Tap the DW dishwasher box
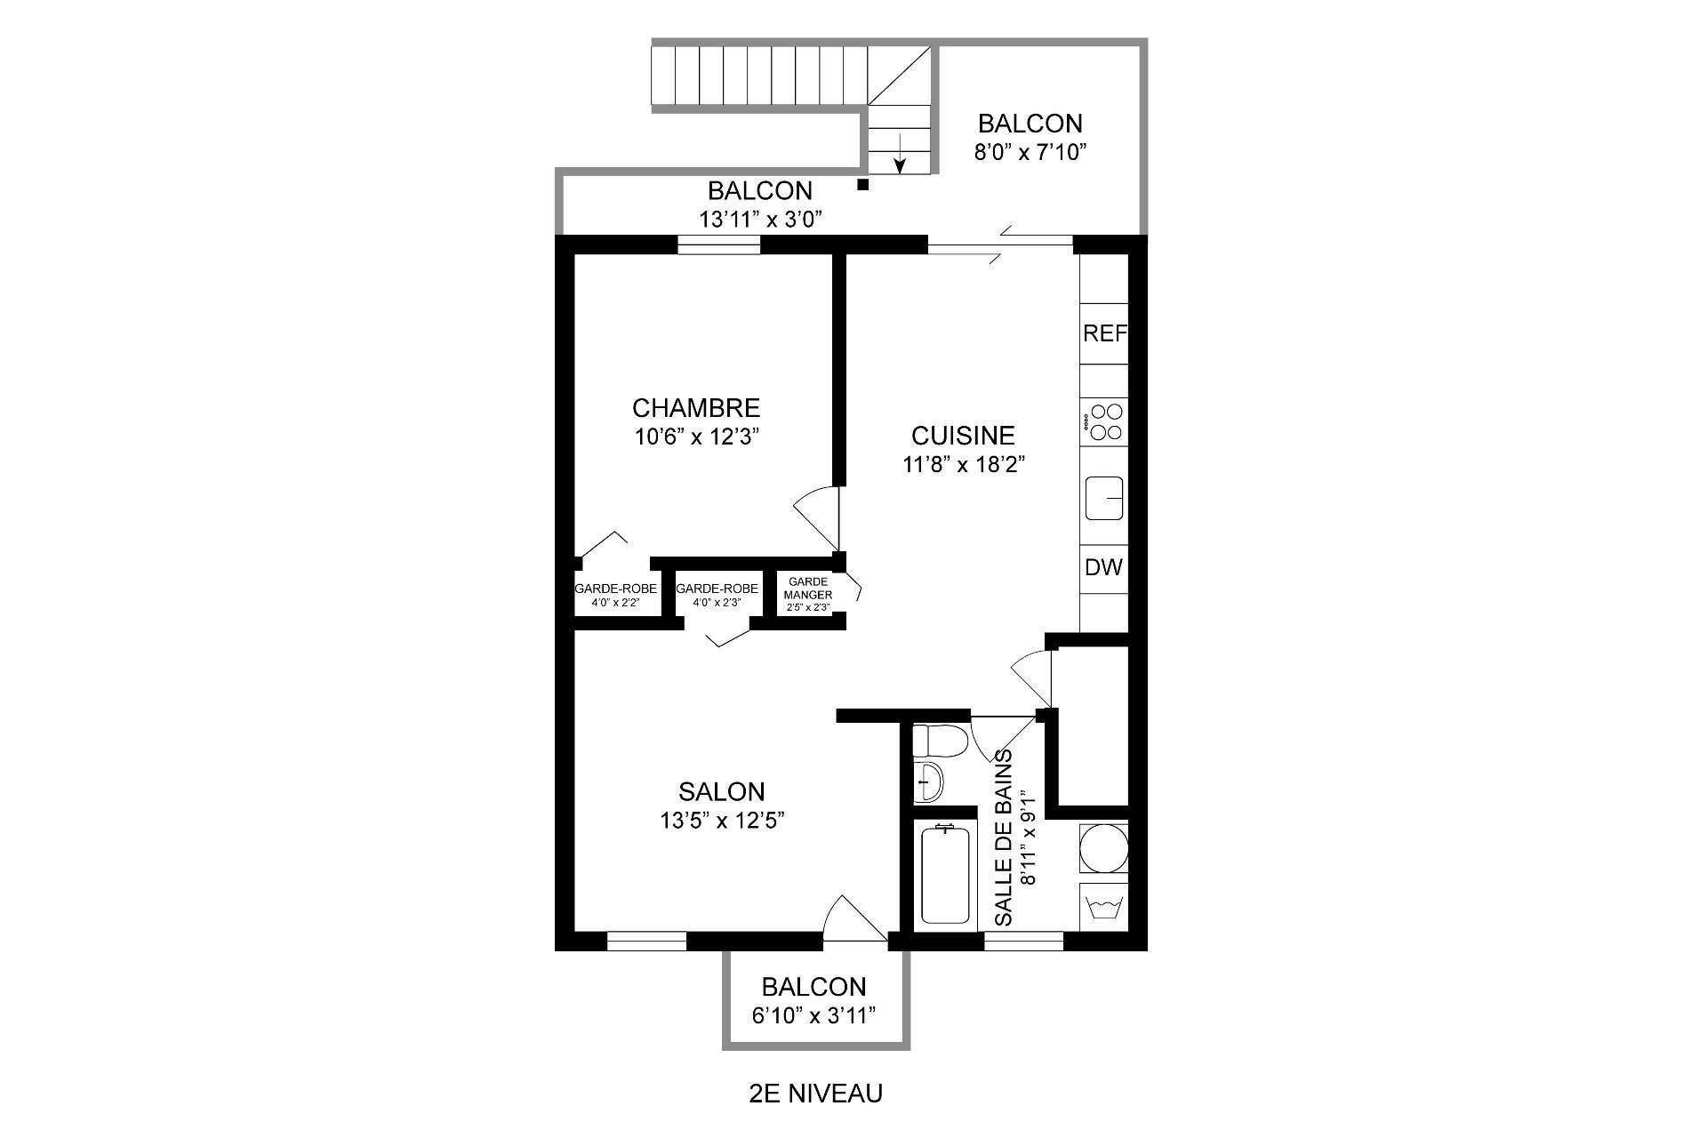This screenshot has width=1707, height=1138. (x=1104, y=567)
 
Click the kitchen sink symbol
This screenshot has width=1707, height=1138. (x=1104, y=498)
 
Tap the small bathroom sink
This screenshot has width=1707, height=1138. (x=928, y=781)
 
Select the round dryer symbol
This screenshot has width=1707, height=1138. (x=1103, y=847)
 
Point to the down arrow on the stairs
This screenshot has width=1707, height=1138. (x=900, y=152)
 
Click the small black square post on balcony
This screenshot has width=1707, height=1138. (x=862, y=185)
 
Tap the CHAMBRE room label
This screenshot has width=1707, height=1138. (x=696, y=408)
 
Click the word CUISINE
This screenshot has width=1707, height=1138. (x=963, y=436)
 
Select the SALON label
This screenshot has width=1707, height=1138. (x=721, y=791)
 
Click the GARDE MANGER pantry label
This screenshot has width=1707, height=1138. (x=808, y=589)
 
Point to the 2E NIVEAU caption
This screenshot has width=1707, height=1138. (x=816, y=1094)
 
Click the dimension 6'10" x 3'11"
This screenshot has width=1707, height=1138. (x=813, y=1015)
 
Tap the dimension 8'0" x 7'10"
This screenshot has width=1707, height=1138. (x=1030, y=152)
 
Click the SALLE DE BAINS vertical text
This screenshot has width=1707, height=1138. (x=1003, y=838)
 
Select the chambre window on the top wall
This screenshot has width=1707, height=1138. (x=718, y=244)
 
